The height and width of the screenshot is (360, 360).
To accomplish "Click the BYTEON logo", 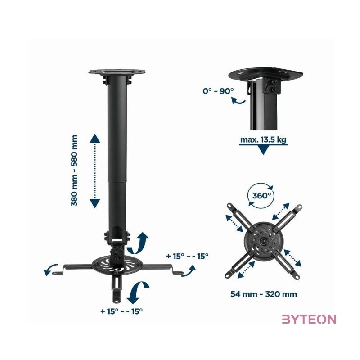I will pyautogui.click(x=309, y=319).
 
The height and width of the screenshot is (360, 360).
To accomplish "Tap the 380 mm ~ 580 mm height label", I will pyautogui.click(x=74, y=171).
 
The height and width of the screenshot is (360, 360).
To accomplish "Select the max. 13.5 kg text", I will pyautogui.click(x=263, y=139).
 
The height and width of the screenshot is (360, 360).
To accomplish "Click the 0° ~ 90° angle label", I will pyautogui.click(x=218, y=91).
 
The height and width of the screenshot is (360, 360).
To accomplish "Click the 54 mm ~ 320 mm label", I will pyautogui.click(x=264, y=294).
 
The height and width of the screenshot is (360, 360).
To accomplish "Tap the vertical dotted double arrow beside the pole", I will pyautogui.click(x=94, y=171).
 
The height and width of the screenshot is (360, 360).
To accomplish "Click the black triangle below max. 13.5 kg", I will pyautogui.click(x=263, y=150).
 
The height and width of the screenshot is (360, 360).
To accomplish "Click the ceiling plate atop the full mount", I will pyautogui.click(x=118, y=72).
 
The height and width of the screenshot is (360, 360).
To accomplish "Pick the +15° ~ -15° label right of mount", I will pyautogui.click(x=187, y=256).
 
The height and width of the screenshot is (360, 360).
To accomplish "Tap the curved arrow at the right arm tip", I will pyautogui.click(x=189, y=270).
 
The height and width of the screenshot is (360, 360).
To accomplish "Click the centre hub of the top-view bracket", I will pyautogui.click(x=263, y=240).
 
